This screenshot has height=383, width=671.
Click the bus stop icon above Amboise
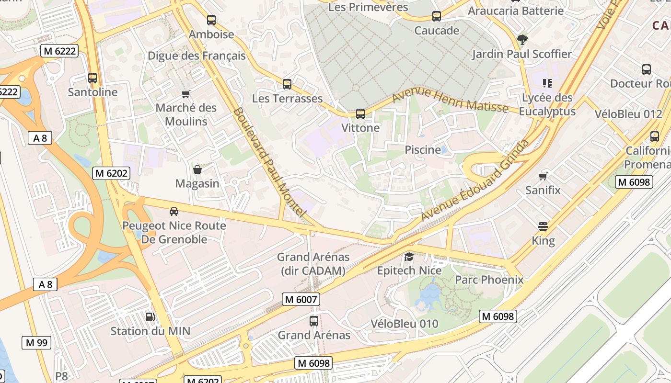211,20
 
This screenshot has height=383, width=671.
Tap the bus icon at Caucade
436,16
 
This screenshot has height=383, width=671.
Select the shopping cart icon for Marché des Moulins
186,94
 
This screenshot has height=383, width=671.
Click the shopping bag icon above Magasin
197,169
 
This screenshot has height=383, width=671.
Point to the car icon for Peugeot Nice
174,211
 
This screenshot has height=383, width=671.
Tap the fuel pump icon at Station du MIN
150,316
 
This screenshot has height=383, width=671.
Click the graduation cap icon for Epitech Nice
409,257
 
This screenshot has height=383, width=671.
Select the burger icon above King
543,226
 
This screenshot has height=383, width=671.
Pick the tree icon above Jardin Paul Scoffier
522,39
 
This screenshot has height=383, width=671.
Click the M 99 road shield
36,343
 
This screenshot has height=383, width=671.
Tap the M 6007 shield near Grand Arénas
301,300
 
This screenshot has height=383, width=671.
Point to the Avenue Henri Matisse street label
450,100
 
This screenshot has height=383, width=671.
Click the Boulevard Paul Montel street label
269,163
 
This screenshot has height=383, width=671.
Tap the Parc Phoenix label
489,280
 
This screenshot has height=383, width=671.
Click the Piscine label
423,150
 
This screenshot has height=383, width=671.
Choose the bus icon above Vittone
360,114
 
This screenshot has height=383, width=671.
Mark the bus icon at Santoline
93,78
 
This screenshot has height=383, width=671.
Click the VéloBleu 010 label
405,324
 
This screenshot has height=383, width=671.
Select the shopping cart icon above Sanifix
543,176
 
